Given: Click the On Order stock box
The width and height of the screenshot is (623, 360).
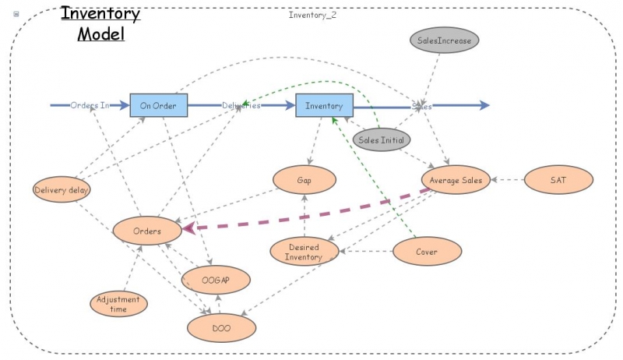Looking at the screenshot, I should pyautogui.click(x=158, y=105).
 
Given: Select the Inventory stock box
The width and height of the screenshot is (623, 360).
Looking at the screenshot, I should pyautogui.click(x=324, y=105).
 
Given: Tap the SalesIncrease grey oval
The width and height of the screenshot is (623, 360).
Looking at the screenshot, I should pyautogui.click(x=444, y=39).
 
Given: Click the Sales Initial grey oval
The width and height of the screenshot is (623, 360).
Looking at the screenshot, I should pyautogui.click(x=381, y=139).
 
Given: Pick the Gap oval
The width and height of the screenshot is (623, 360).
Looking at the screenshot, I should pyautogui.click(x=304, y=180).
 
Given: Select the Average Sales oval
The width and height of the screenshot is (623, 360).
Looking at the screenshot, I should pyautogui.click(x=456, y=180).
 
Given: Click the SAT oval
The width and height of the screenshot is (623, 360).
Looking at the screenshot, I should pyautogui.click(x=558, y=180).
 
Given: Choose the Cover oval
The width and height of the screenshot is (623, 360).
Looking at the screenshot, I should pyautogui.click(x=427, y=252).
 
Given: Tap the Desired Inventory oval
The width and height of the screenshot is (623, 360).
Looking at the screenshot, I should pyautogui.click(x=304, y=252).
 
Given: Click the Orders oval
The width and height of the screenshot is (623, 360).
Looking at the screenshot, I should pyautogui.click(x=147, y=231).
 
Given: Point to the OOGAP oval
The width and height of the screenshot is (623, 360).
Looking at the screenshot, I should pyautogui.click(x=216, y=279).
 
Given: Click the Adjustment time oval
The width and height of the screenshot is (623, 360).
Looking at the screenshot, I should pyautogui.click(x=119, y=304).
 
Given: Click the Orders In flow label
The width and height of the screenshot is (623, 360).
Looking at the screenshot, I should pyautogui.click(x=90, y=105).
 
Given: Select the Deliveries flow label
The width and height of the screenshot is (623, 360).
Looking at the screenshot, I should pyautogui.click(x=241, y=105).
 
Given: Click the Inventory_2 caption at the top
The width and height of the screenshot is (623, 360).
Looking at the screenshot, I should pyautogui.click(x=312, y=15).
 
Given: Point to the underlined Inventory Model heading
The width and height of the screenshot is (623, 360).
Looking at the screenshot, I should pyautogui.click(x=100, y=23).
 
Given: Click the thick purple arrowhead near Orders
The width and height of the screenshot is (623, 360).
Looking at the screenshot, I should pyautogui.click(x=190, y=228).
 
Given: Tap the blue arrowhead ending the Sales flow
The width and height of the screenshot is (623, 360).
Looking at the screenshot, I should pyautogui.click(x=484, y=105).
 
